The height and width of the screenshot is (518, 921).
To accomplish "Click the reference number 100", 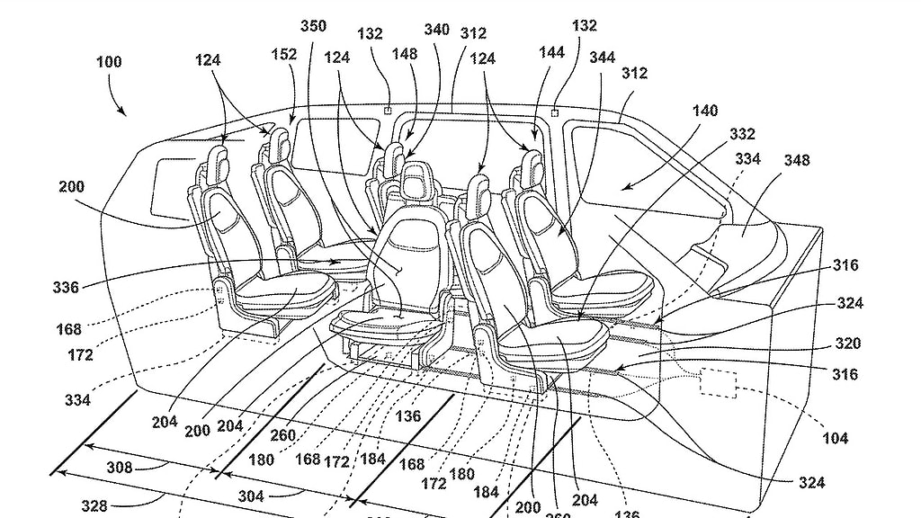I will [x=108, y=63].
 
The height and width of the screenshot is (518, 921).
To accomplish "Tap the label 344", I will [x=602, y=58].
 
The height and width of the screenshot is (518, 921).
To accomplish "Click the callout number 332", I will [x=743, y=133].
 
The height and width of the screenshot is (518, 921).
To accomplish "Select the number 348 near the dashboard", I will [x=796, y=161].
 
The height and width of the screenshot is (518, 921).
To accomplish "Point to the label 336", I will [x=67, y=288].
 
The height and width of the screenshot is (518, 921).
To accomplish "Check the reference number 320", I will [x=846, y=344].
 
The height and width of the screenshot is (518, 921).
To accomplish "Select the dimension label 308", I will [x=119, y=467].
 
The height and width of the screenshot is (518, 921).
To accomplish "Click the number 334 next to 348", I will [x=747, y=159].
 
